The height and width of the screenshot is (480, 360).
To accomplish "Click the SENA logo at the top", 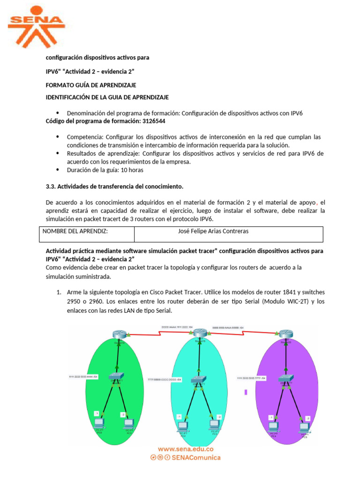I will (x=37, y=26).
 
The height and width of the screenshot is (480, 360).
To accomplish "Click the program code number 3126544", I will (x=151, y=121).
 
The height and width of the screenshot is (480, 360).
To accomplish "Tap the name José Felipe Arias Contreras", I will (x=213, y=231).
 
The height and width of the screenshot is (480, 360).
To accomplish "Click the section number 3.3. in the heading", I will (x=51, y=187).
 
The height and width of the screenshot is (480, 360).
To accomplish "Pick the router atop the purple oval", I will (x=285, y=334).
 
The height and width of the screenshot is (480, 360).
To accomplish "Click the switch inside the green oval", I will (x=116, y=376).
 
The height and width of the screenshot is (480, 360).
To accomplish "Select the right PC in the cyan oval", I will (x=214, y=424).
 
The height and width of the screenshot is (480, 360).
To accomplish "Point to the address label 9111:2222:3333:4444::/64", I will (x=83, y=376).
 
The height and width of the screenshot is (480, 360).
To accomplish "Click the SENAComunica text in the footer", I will (x=197, y=457).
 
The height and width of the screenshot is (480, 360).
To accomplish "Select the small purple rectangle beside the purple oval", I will (x=246, y=393).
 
